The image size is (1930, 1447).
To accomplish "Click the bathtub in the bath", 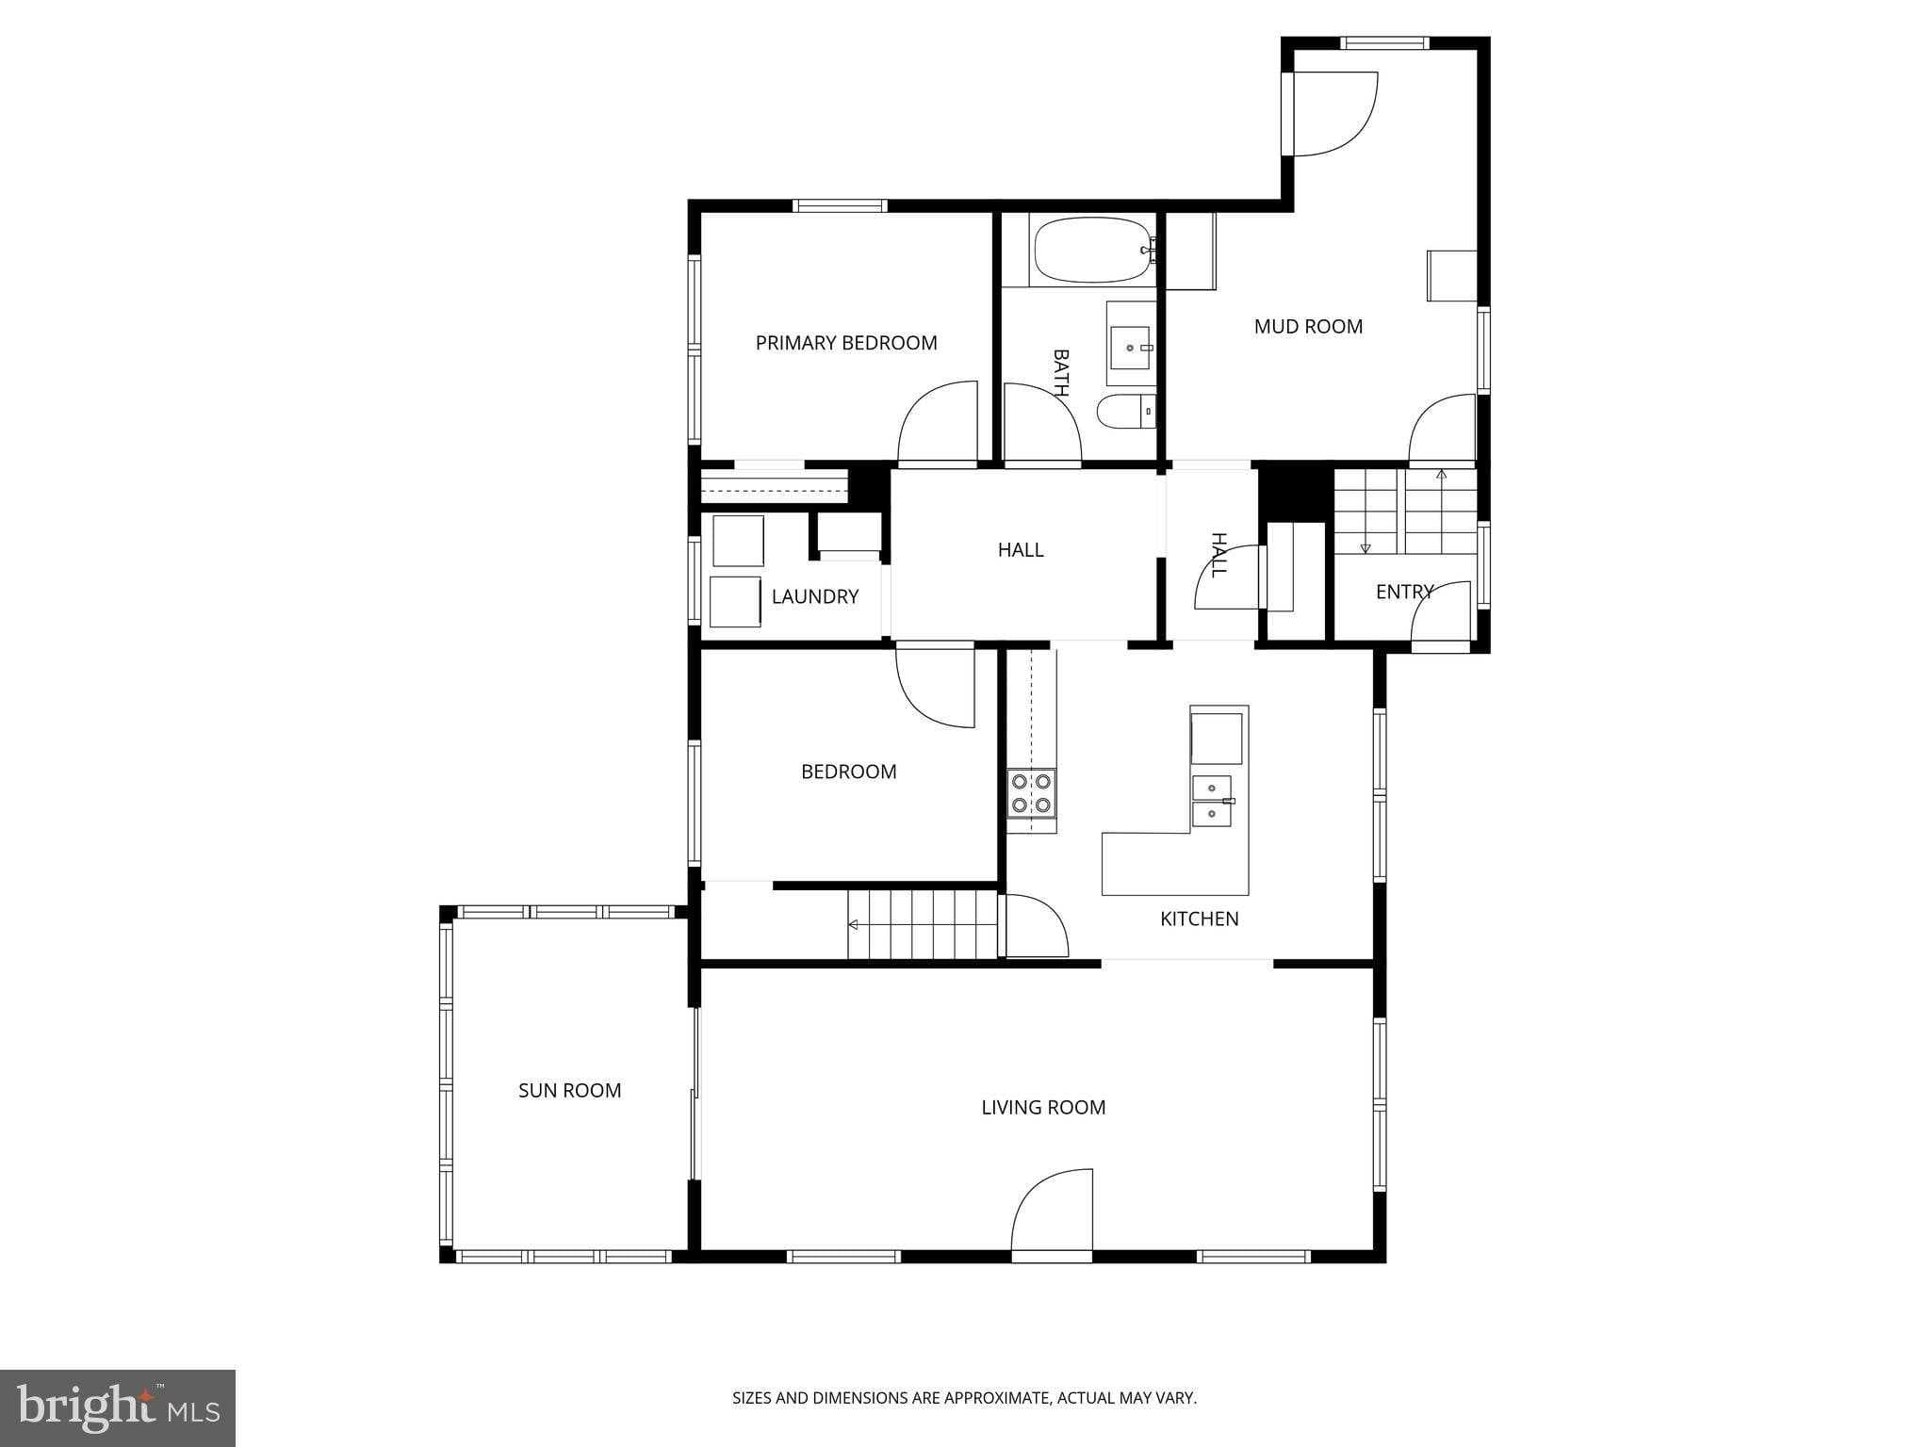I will [x=1089, y=251].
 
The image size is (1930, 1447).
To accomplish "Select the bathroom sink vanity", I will [x=1130, y=344].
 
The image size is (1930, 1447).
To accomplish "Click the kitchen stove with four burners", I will [x=1031, y=793].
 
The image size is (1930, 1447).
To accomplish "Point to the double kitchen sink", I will [x=1212, y=801].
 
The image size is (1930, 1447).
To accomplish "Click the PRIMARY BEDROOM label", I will [x=846, y=343].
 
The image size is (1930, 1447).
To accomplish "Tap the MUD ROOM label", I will [x=1308, y=327].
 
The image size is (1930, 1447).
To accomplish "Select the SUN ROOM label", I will [x=569, y=1091].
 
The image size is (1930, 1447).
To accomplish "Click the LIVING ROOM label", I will [x=1043, y=1108].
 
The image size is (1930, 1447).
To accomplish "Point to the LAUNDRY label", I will [x=814, y=596].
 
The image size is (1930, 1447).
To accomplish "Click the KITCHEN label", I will [x=1199, y=919].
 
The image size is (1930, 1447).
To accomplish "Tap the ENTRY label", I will [x=1403, y=592].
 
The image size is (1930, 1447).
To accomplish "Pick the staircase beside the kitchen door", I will [x=922, y=925].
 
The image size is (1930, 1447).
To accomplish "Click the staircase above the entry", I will [x=1404, y=512].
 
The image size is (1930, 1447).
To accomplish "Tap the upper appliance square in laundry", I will [x=738, y=541].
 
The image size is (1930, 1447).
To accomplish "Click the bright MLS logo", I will [x=118, y=1407].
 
